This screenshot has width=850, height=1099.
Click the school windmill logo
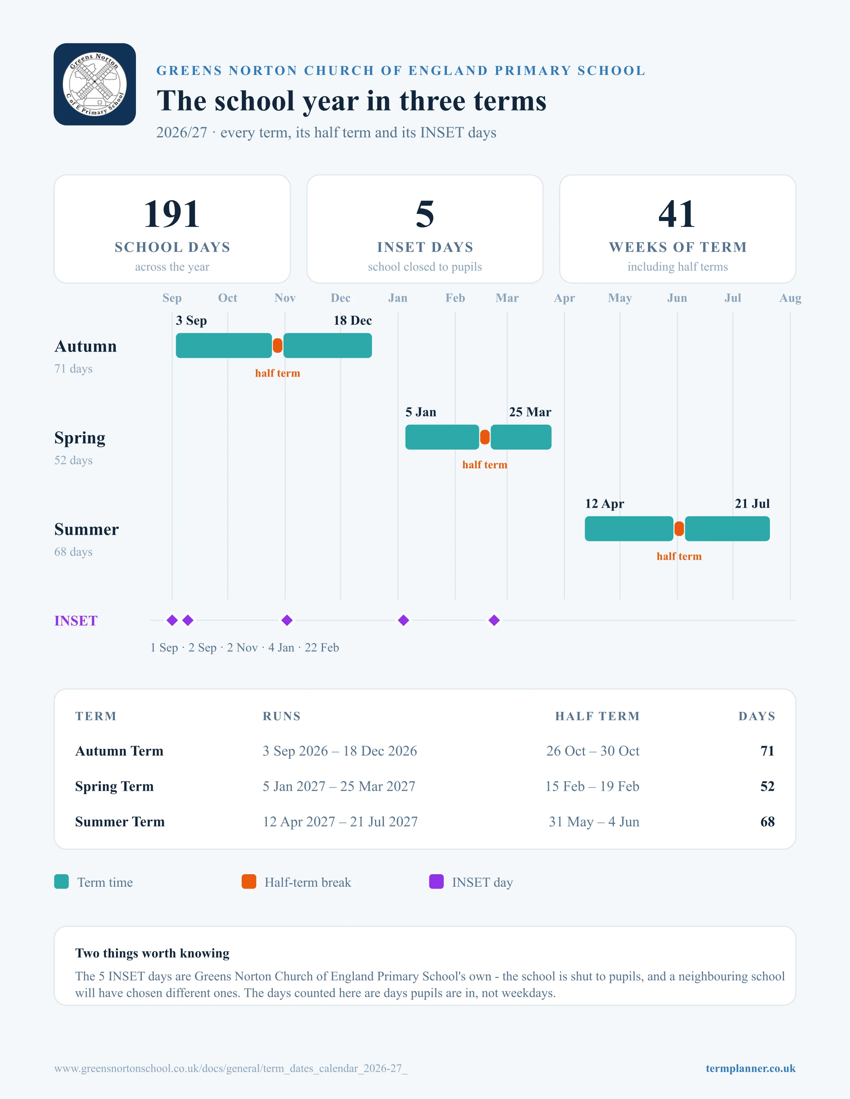coord(95,84)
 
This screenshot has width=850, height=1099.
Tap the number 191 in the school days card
coord(172,214)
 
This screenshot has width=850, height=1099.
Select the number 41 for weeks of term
coord(677,214)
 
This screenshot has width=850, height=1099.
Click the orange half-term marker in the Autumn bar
coord(277,346)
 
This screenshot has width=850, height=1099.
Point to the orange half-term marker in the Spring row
coord(485,437)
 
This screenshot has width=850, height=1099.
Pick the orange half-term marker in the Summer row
coord(679,529)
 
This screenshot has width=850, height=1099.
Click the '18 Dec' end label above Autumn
coord(352,320)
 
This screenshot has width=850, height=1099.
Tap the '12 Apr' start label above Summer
coord(604,504)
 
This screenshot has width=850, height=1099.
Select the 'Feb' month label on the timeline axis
coord(455,298)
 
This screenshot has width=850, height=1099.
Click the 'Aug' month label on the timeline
coord(790,298)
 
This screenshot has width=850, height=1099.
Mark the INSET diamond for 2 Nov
coord(287,621)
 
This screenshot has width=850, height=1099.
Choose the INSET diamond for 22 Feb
coord(495,621)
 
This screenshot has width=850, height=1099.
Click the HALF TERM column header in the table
coord(597,716)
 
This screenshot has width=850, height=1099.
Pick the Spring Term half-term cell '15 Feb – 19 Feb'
coord(592,786)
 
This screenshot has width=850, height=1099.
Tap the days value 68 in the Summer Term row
coord(768,822)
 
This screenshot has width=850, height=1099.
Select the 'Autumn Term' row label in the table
coord(120,751)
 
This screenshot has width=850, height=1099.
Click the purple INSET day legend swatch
coord(436,882)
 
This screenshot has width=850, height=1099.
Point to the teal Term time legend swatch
coord(61,882)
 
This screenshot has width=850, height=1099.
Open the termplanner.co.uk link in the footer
coord(750,1068)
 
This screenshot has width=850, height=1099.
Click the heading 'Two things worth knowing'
coord(152,953)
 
